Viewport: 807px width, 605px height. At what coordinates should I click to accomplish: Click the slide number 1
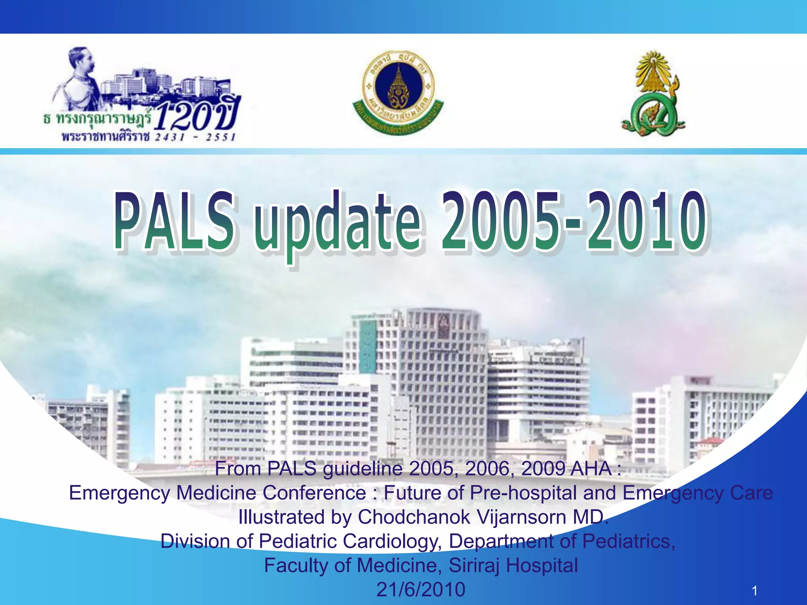pos(754,590)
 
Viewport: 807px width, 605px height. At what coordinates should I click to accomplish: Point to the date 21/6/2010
pos(421,589)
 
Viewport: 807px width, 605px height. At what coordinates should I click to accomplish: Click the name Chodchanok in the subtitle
pos(414,517)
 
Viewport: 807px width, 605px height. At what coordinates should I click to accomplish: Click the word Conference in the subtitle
pos(314,493)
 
